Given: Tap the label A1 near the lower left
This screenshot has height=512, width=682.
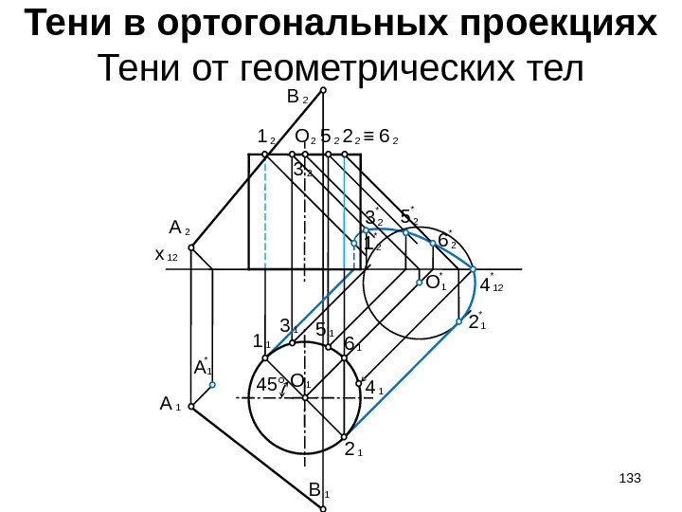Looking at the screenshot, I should [x=170, y=405].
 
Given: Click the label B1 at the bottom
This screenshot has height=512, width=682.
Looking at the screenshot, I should [x=318, y=491].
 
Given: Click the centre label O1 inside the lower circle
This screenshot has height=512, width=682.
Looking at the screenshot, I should [x=301, y=382].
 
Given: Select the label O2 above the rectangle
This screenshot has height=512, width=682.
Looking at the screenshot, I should [x=305, y=138].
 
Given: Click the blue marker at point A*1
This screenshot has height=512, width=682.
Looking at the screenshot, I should [x=213, y=385].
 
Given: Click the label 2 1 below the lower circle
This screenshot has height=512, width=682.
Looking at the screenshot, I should [x=354, y=449].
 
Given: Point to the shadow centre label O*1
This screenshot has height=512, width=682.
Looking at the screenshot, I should [x=435, y=283].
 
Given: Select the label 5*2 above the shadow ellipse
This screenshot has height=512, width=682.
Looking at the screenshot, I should [x=409, y=217].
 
